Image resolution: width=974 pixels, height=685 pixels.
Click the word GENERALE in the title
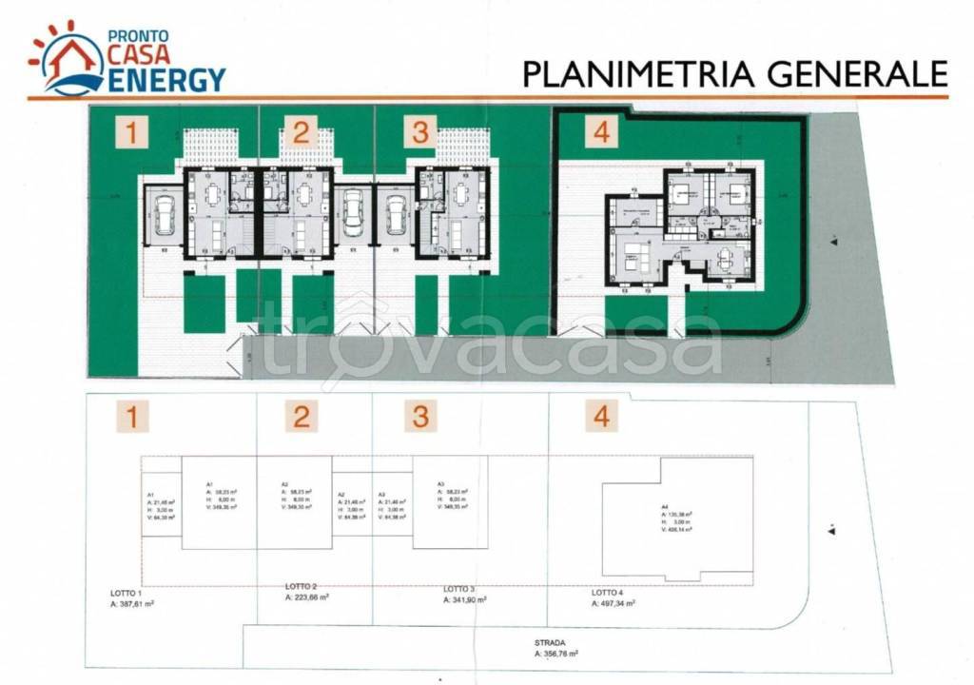point(849,73)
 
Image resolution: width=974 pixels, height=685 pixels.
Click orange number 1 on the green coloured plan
point(132,132)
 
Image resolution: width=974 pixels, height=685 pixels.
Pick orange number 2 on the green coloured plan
point(301,132)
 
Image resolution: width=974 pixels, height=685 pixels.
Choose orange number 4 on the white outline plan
point(601,416)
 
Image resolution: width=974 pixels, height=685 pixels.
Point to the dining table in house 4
point(726,255)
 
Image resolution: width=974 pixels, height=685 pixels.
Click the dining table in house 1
point(210,194)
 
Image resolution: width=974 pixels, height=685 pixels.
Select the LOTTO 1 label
point(127,592)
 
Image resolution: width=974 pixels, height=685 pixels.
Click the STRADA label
point(548,642)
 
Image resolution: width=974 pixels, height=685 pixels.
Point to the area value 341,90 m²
point(465,600)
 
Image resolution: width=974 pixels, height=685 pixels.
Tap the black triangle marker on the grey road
point(833,244)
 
